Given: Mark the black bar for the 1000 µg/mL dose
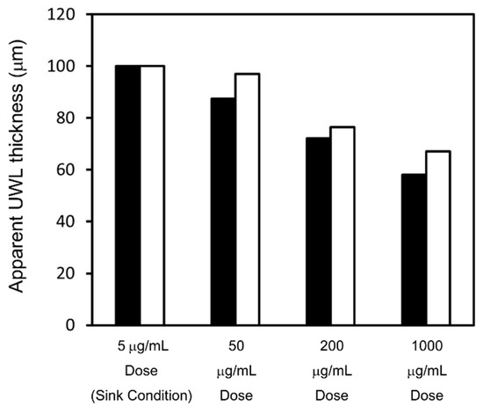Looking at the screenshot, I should (x=413, y=250).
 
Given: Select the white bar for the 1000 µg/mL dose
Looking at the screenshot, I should (x=437, y=238).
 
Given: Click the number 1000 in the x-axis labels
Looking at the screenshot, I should (x=426, y=348).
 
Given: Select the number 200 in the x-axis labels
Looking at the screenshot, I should (x=330, y=348).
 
